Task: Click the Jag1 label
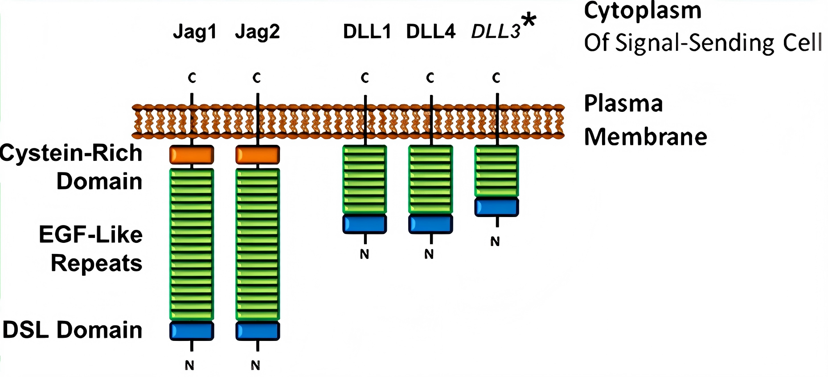(195, 32)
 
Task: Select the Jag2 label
(257, 32)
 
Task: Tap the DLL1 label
(367, 32)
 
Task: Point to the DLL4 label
(430, 32)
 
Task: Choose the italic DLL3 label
(496, 32)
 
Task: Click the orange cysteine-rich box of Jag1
(192, 155)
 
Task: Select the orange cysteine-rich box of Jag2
(258, 155)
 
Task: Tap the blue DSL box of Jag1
(192, 331)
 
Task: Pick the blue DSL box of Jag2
(258, 331)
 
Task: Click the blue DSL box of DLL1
(365, 224)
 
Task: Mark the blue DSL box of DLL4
(430, 224)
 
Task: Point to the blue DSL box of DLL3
(496, 207)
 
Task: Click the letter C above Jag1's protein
(192, 78)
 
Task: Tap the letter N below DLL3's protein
(495, 242)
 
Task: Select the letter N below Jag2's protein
(255, 365)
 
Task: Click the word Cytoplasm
(643, 10)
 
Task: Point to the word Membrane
(645, 137)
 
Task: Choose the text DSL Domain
(72, 330)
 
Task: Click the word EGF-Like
(90, 234)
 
